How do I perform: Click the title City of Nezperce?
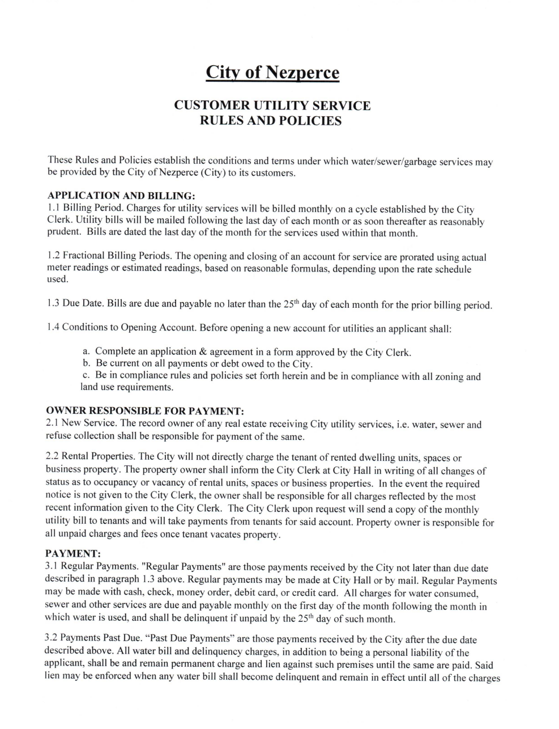point(272,73)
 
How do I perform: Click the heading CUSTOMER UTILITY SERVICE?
point(272,105)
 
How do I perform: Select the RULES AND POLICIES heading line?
point(272,121)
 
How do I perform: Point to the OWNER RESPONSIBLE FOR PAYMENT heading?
point(144,410)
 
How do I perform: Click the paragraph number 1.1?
point(53,207)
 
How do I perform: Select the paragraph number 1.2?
point(53,256)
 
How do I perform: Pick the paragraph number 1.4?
point(53,328)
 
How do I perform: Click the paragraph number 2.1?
point(52,424)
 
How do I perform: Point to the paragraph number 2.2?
point(52,457)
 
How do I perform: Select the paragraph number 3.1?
point(52,567)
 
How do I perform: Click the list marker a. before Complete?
point(86,352)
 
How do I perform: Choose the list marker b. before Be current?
point(86,364)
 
